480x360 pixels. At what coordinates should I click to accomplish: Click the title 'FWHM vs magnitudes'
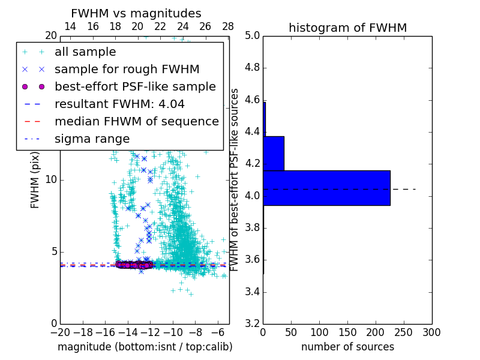[x=136, y=13]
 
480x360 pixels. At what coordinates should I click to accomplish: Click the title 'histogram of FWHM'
[x=347, y=28]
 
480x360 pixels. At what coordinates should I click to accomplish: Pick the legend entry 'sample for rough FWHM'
[x=127, y=69]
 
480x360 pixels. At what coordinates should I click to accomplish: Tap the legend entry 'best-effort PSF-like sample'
[x=135, y=86]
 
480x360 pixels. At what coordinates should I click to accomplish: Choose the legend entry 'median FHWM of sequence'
[x=136, y=121]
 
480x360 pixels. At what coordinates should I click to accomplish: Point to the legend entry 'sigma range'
[x=92, y=139]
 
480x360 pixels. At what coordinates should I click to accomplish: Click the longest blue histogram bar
[x=326, y=188]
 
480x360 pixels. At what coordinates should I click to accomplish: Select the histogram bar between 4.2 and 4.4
[x=274, y=153]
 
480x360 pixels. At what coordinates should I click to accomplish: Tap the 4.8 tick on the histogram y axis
[x=252, y=68]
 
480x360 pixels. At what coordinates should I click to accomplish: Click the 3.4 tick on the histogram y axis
[x=252, y=292]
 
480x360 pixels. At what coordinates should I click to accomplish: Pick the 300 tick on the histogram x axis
[x=431, y=332]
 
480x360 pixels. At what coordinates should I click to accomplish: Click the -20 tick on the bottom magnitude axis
[x=60, y=332]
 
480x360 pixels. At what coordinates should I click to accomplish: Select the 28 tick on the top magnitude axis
[x=228, y=26]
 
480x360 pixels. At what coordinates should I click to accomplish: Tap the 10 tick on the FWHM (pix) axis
[x=51, y=180]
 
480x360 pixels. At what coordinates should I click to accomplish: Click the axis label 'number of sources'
[x=347, y=347]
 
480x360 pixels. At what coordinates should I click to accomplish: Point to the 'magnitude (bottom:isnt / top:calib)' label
[x=145, y=347]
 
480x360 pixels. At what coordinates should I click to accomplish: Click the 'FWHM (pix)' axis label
[x=35, y=180]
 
